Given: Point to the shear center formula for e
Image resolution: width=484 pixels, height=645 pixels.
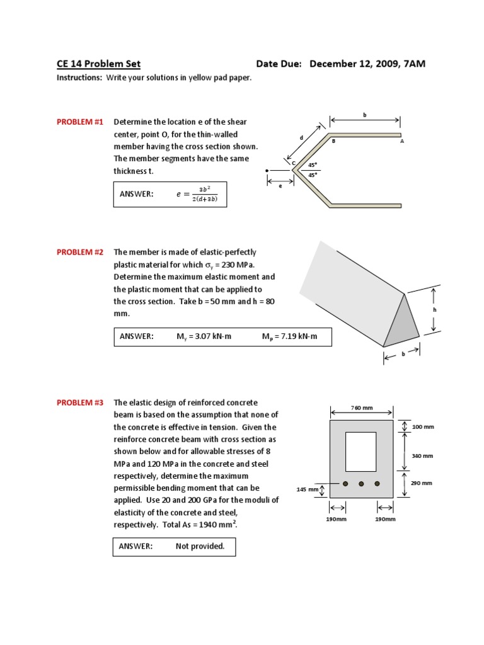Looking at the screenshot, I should point(200,194).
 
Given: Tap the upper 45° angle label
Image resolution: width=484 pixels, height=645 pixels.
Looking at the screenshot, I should point(313,165).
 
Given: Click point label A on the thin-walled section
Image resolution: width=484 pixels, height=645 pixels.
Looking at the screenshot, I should point(401,142).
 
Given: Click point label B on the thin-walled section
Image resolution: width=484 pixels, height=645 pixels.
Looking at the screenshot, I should point(334,142).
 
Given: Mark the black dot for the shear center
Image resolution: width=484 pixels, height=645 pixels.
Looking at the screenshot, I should point(268,171).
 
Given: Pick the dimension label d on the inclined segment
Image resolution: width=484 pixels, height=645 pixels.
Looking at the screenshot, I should point(301,137).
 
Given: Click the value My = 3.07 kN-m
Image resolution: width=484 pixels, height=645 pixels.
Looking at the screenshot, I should point(204,336).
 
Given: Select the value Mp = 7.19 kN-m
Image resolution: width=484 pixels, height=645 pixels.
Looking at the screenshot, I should point(289,336).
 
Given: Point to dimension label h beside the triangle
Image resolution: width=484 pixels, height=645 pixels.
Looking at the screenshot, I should point(434,310).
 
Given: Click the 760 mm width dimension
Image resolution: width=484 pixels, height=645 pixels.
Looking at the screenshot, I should point(361,408).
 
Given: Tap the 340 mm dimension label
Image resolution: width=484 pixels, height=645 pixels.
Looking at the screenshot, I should point(422,455).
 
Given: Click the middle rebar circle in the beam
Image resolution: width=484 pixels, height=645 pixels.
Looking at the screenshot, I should point(361,484).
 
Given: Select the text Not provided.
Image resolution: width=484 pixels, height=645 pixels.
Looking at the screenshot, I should point(200,546).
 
